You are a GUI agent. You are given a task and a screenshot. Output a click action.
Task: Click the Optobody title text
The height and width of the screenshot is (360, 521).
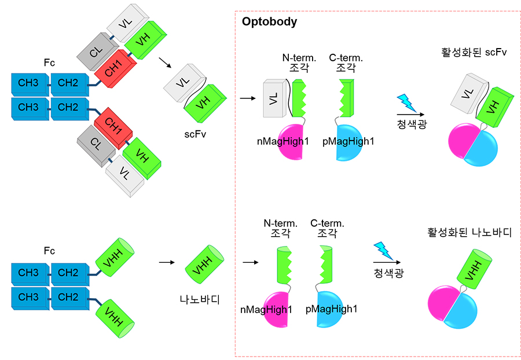(x=269, y=22)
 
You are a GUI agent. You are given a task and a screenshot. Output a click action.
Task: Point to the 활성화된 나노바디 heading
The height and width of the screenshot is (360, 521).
(x=469, y=233)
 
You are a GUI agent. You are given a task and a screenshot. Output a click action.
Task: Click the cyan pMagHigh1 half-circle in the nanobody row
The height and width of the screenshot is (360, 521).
(x=332, y=309)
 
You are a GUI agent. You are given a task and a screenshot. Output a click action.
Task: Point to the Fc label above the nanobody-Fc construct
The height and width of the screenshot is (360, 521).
(x=49, y=251)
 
